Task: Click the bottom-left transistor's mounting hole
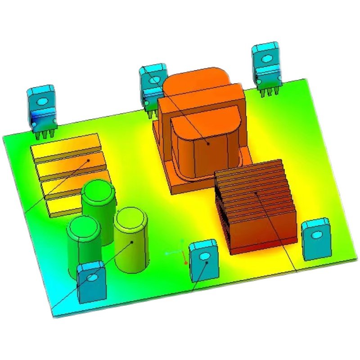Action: (x=92, y=278)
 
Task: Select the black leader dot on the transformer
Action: (x=208, y=144)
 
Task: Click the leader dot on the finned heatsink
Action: (x=256, y=192)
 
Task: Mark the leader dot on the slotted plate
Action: (x=89, y=160)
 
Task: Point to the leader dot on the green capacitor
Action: (x=132, y=242)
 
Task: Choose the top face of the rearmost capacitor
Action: (x=99, y=189)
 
